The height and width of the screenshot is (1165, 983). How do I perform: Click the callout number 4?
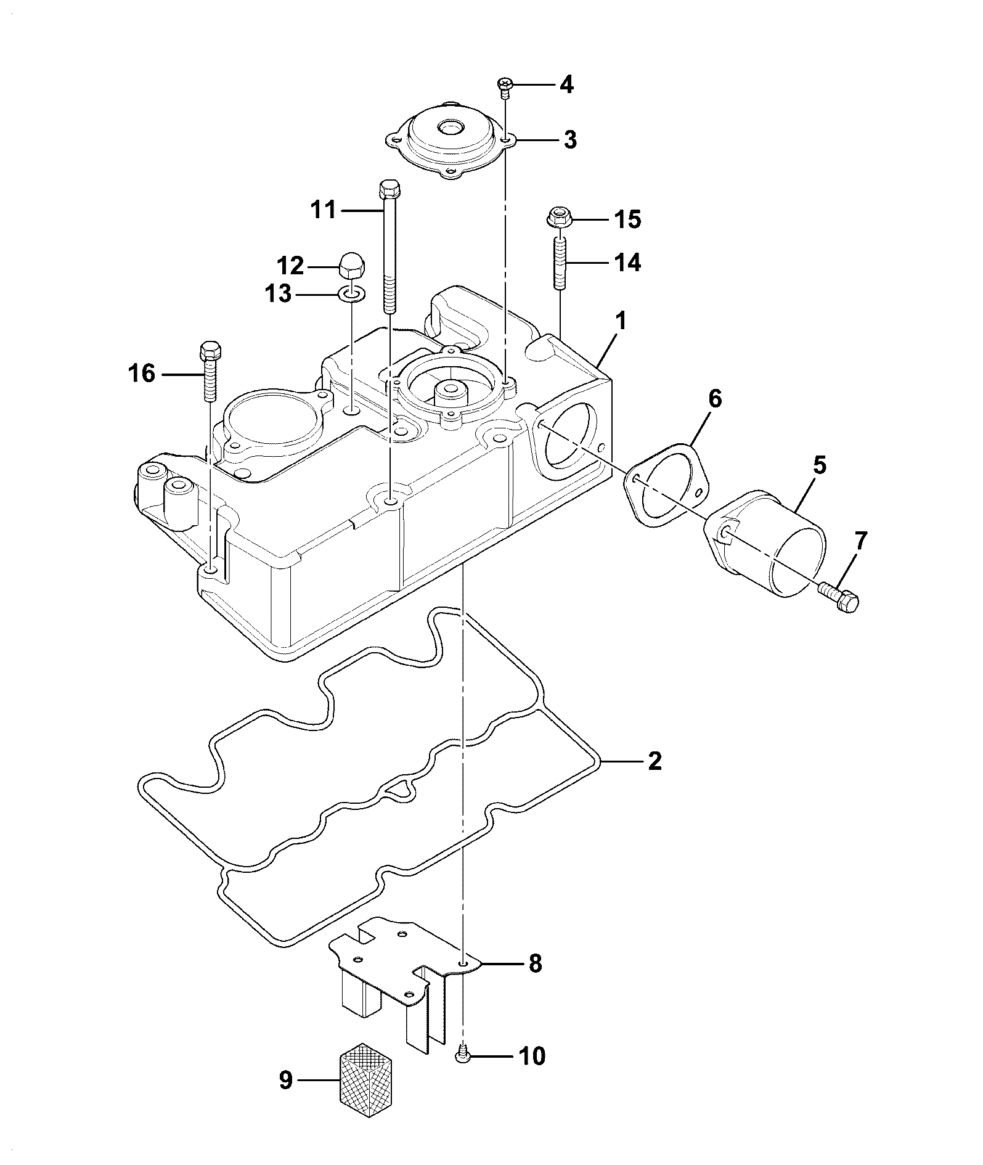tap(566, 84)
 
